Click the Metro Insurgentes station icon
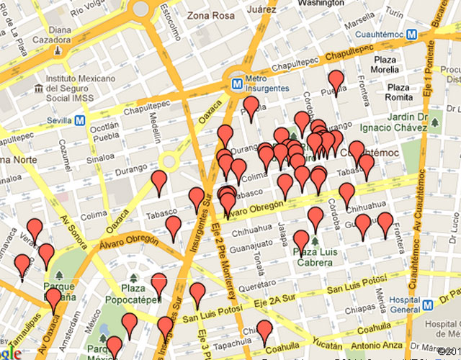236,83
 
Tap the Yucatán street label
325,338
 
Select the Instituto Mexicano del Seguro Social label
76,87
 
